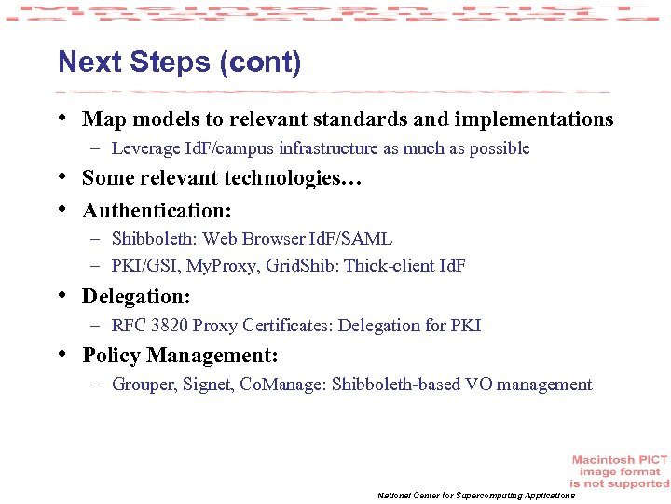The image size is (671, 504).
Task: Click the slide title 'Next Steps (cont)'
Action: (179, 63)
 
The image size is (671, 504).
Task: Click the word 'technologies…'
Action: (303, 178)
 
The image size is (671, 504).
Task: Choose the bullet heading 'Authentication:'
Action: (157, 210)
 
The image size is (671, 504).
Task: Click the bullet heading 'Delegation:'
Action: (136, 297)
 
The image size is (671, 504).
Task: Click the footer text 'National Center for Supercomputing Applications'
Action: (475, 495)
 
